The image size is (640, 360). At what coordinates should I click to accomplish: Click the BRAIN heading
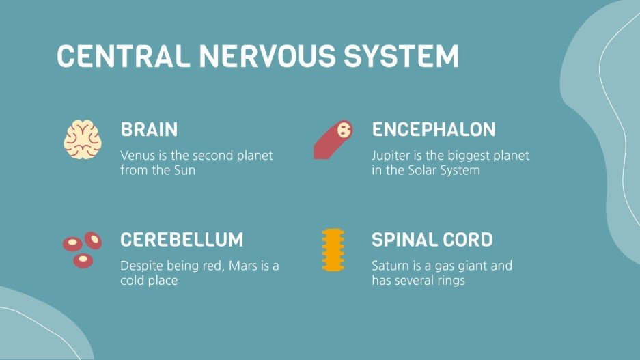coord(149,129)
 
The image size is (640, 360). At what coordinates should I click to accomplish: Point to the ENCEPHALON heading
coord(434,129)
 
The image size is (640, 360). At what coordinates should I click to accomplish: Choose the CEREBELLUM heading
coord(182,240)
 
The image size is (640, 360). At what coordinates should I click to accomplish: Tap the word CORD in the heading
coord(468,240)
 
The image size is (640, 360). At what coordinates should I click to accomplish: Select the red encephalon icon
coord(333,140)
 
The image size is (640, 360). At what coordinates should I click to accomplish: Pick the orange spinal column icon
coord(333,251)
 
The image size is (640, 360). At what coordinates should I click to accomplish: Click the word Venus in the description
coord(137,156)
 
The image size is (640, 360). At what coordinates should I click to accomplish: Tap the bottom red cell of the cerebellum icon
coord(83,260)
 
